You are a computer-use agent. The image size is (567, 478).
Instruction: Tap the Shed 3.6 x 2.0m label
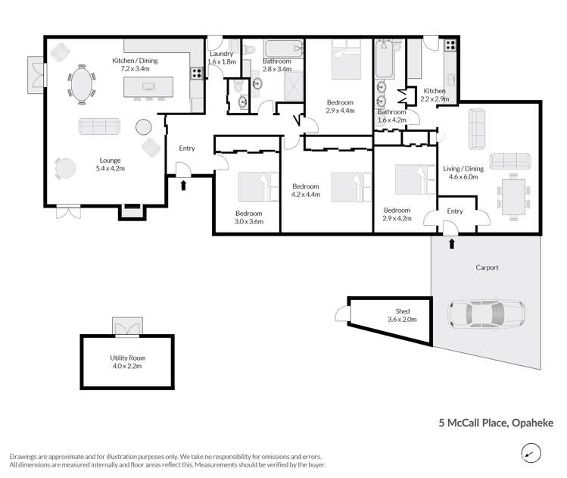click(x=402, y=315)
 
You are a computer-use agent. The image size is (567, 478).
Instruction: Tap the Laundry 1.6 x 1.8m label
click(x=223, y=58)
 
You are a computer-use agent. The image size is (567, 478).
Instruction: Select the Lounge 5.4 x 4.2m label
click(x=110, y=164)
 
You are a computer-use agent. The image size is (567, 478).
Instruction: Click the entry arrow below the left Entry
click(x=183, y=184)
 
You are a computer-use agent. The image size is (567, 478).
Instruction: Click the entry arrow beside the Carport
click(x=453, y=244)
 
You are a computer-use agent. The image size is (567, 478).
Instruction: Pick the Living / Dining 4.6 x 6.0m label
click(x=463, y=173)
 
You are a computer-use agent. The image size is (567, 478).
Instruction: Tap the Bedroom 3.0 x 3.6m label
click(x=248, y=218)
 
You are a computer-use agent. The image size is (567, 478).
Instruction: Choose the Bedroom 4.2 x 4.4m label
click(x=306, y=190)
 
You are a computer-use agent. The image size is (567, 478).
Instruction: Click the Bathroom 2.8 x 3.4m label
click(x=276, y=65)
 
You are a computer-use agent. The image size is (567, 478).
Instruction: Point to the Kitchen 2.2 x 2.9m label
click(x=435, y=95)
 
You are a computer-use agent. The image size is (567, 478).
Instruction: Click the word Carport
click(x=488, y=267)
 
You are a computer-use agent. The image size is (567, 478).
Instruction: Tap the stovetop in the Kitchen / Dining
click(x=195, y=73)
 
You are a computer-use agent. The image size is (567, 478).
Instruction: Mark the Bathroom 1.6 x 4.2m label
click(x=392, y=116)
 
